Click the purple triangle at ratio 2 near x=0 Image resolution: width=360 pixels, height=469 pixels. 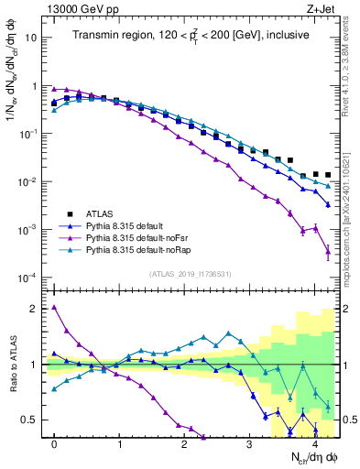tap(54, 308)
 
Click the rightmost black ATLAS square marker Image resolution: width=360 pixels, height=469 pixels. tap(328, 174)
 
